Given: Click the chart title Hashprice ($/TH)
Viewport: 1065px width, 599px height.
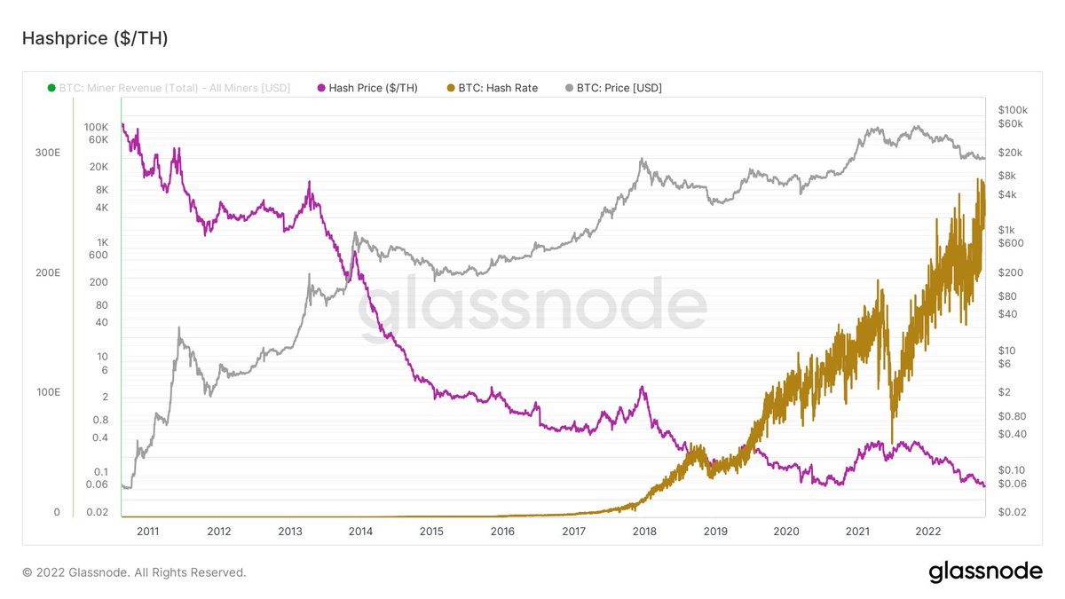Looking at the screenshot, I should click(x=94, y=38).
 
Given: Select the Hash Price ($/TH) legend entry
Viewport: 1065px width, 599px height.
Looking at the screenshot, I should click(x=373, y=88).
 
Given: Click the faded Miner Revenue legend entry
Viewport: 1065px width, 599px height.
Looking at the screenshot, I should click(x=169, y=88).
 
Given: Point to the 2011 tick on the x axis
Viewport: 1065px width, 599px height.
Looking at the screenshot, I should click(x=148, y=532).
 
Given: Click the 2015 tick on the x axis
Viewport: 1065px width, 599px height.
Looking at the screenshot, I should click(x=431, y=532).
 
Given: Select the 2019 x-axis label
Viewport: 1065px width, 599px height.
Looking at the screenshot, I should click(x=715, y=532).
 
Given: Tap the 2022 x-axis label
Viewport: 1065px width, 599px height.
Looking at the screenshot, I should click(x=928, y=532).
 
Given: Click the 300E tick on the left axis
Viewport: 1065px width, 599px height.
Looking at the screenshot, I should click(x=47, y=153).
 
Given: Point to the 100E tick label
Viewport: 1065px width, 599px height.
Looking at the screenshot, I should click(x=47, y=392).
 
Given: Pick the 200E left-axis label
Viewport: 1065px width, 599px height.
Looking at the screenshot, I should click(x=47, y=272).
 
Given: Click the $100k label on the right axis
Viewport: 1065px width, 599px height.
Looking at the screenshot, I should click(x=1012, y=109).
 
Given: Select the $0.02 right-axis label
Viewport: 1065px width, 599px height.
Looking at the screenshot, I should click(x=1012, y=512).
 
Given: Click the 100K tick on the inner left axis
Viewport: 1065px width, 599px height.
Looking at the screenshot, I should click(x=96, y=128).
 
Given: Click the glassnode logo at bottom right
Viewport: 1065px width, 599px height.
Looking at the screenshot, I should click(x=985, y=572).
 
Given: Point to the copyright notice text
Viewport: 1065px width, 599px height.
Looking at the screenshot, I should click(x=134, y=572).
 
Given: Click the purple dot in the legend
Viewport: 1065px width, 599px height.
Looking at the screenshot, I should click(x=321, y=88).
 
